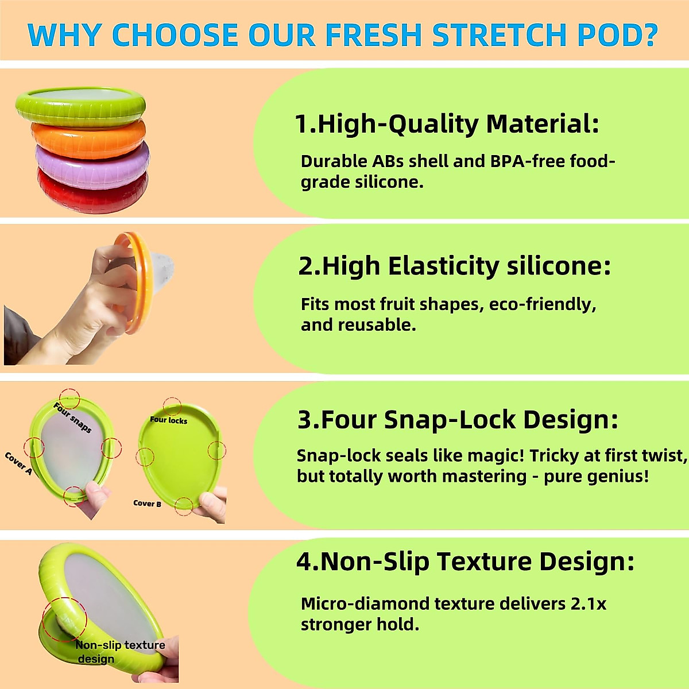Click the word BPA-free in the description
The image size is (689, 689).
(528, 161)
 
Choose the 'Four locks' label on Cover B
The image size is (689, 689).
(168, 420)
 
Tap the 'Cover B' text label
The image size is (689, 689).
(147, 504)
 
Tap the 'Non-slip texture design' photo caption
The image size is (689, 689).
(119, 652)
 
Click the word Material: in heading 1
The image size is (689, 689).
(542, 124)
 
